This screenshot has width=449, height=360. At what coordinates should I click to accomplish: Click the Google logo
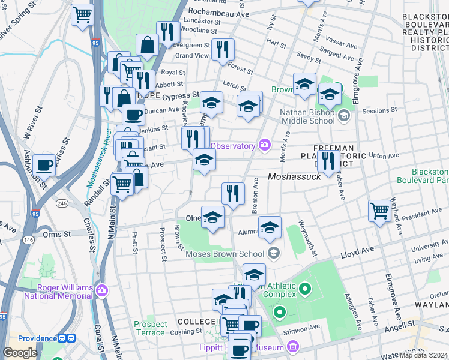click(20, 353)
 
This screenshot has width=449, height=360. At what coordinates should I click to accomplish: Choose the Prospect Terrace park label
click(150, 328)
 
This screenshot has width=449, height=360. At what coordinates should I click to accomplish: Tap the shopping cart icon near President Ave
click(379, 211)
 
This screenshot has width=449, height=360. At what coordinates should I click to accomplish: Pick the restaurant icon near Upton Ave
click(327, 160)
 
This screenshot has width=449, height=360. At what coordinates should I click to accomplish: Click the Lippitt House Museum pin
click(292, 346)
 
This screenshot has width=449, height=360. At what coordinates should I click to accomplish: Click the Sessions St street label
click(380, 110)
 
